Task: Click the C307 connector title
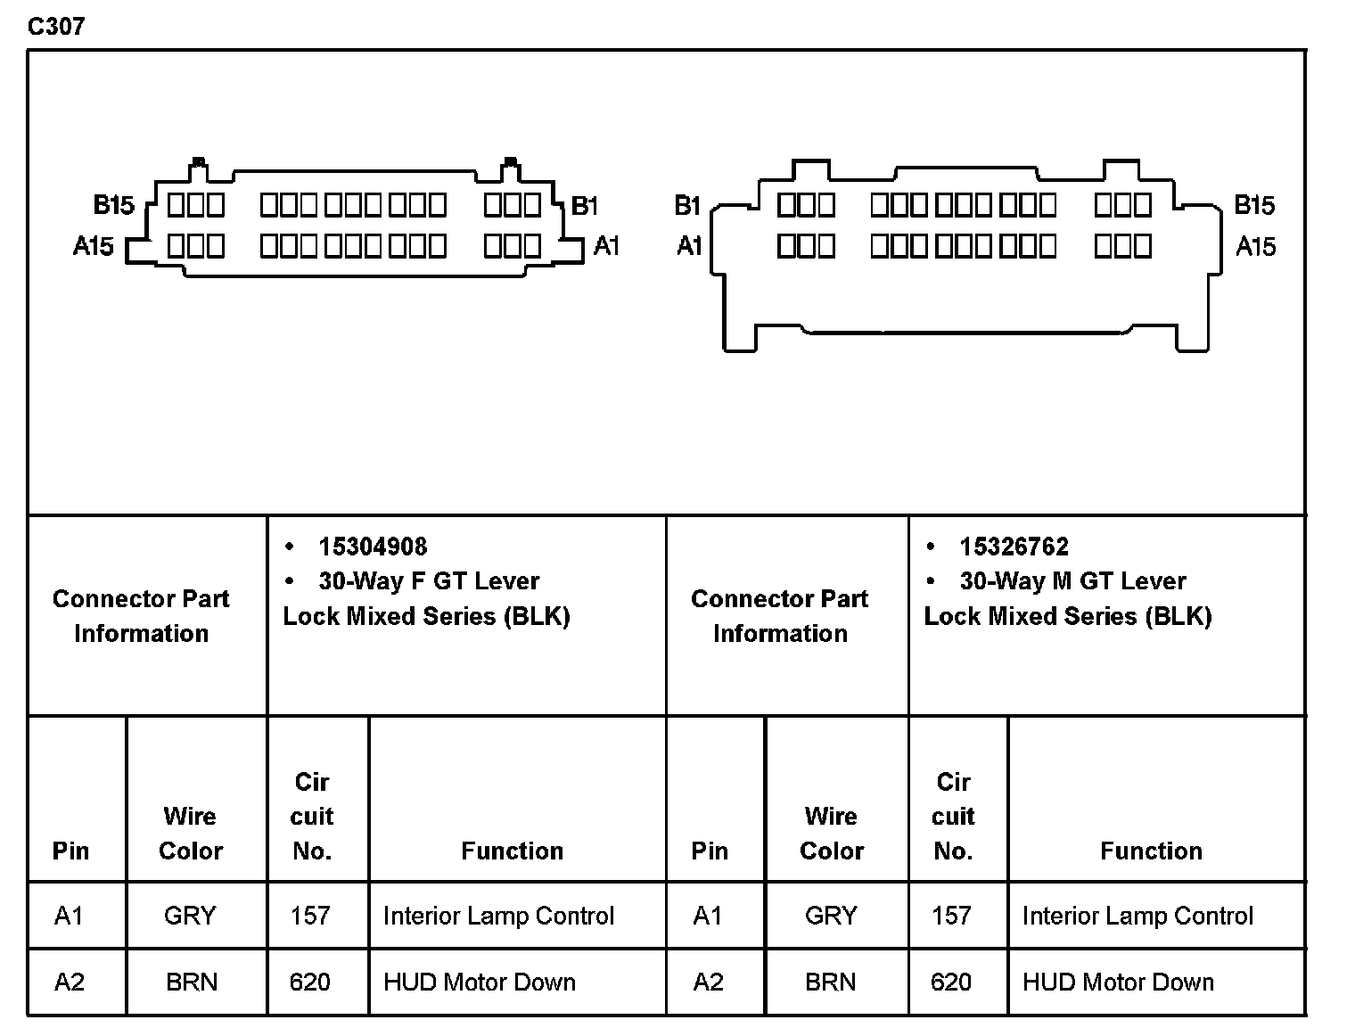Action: [x=56, y=26]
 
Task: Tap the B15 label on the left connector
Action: [x=114, y=206]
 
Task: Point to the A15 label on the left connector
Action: [x=94, y=246]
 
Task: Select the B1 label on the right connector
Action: [x=688, y=206]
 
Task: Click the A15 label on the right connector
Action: [x=1255, y=247]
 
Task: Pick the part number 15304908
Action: [x=373, y=547]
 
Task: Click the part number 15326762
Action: [x=1014, y=547]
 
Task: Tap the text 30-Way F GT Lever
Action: [x=429, y=581]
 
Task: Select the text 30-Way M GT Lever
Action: [x=1072, y=581]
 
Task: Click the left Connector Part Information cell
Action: [x=141, y=615]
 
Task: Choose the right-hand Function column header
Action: [x=1151, y=851]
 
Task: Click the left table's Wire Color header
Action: [x=191, y=833]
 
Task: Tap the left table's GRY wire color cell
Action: [x=190, y=916]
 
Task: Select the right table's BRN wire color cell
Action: [x=830, y=982]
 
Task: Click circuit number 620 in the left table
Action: [x=310, y=982]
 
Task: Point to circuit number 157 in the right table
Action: [x=951, y=916]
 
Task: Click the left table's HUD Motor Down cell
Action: [x=480, y=982]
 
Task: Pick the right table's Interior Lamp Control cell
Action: [x=1137, y=916]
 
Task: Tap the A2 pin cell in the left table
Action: [x=70, y=982]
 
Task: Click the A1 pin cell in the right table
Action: [x=708, y=916]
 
